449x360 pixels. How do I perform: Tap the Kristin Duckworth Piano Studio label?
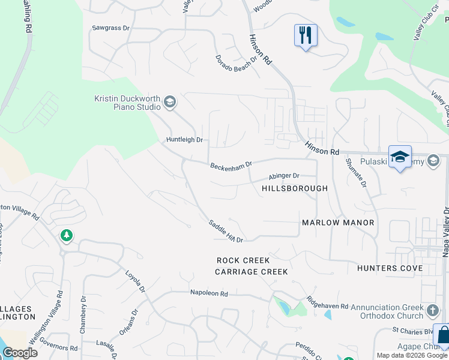127,103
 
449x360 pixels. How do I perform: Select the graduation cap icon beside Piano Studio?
169,102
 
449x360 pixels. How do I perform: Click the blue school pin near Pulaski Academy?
400,157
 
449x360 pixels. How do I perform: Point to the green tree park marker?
66,236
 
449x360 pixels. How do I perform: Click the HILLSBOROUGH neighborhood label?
295,188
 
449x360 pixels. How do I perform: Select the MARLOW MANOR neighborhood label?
338,223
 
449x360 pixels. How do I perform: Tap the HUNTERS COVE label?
385,268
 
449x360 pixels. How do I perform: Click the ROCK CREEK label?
243,261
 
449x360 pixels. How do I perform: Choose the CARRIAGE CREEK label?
252,272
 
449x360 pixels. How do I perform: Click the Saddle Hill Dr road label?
226,232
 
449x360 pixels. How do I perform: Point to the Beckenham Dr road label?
231,165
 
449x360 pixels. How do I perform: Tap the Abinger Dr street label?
283,176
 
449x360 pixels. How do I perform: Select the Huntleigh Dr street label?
185,140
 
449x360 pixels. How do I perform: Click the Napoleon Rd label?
209,294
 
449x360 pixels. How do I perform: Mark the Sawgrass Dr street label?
110,28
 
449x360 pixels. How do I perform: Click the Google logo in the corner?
20,353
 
